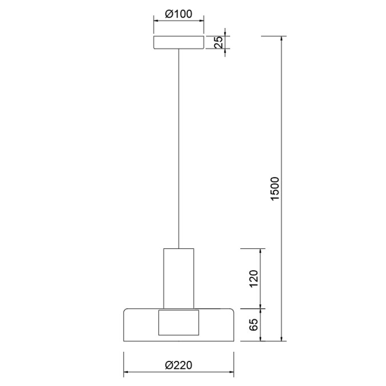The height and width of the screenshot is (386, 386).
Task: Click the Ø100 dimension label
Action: click(x=179, y=14)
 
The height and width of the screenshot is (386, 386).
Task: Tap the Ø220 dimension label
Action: click(x=179, y=365)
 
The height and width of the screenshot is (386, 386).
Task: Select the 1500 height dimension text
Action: click(x=275, y=188)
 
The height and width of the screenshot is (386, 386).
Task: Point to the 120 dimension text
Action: click(x=254, y=279)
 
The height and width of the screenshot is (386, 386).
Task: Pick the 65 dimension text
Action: click(x=254, y=325)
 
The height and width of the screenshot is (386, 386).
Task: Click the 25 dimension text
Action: click(x=219, y=42)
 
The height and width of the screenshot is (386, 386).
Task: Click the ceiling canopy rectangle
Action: click(x=179, y=42)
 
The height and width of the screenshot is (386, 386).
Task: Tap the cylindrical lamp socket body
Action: click(x=179, y=279)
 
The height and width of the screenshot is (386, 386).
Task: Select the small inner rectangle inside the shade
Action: click(x=179, y=323)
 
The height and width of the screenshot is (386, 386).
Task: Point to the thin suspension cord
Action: click(x=179, y=148)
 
